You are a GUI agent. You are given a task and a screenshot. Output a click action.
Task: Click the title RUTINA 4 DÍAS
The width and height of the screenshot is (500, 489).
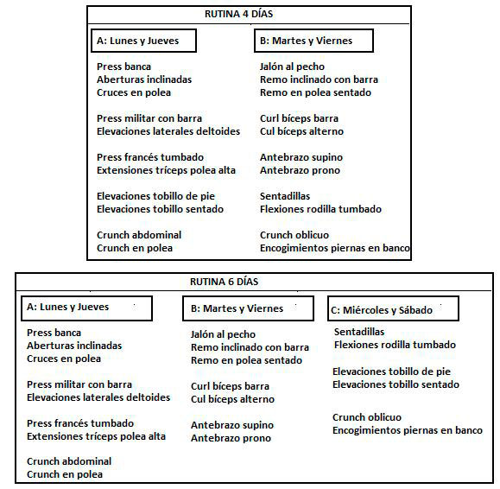[238, 14]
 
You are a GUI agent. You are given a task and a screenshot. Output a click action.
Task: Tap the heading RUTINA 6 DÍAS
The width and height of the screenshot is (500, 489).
[224, 282]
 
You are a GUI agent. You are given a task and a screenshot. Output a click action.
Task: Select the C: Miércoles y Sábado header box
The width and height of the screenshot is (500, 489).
[393, 308]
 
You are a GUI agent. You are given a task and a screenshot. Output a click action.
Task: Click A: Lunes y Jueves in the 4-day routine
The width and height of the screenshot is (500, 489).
[138, 41]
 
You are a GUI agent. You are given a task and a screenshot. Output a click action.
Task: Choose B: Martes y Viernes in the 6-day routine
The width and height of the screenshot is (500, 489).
[237, 308]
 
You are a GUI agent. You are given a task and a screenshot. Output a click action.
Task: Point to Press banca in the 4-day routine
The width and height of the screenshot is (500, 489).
[123, 67]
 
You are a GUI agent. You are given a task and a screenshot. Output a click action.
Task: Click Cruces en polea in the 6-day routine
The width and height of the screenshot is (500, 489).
[64, 359]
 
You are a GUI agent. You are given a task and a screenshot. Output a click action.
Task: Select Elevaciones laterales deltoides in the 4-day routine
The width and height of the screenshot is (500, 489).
[168, 131]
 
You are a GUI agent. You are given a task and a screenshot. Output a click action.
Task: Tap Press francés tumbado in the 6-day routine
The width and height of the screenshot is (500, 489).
[80, 423]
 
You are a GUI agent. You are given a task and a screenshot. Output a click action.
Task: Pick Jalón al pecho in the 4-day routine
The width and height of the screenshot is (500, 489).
[292, 67]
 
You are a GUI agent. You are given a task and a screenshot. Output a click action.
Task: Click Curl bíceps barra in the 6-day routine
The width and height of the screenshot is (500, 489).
[230, 386]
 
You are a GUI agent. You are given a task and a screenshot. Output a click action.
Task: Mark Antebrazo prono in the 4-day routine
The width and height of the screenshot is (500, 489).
[300, 170]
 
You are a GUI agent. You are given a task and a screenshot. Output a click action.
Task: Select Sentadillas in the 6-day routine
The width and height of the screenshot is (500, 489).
[359, 332]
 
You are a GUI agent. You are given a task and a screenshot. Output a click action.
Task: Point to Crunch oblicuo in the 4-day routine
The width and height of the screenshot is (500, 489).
[294, 235]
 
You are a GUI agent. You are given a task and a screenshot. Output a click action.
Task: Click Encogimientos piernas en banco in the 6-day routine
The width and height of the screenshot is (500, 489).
[408, 430]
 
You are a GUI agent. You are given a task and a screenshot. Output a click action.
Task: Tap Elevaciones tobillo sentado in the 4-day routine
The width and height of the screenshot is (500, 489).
[160, 209]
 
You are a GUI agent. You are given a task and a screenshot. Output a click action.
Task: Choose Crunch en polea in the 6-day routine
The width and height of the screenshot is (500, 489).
[65, 474]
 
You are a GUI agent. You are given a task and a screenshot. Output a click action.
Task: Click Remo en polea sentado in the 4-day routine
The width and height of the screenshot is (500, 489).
[315, 92]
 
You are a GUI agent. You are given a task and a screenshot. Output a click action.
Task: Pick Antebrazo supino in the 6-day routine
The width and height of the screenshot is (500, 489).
[232, 425]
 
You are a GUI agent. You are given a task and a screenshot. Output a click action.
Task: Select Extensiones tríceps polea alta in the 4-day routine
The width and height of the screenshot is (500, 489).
[166, 170]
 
